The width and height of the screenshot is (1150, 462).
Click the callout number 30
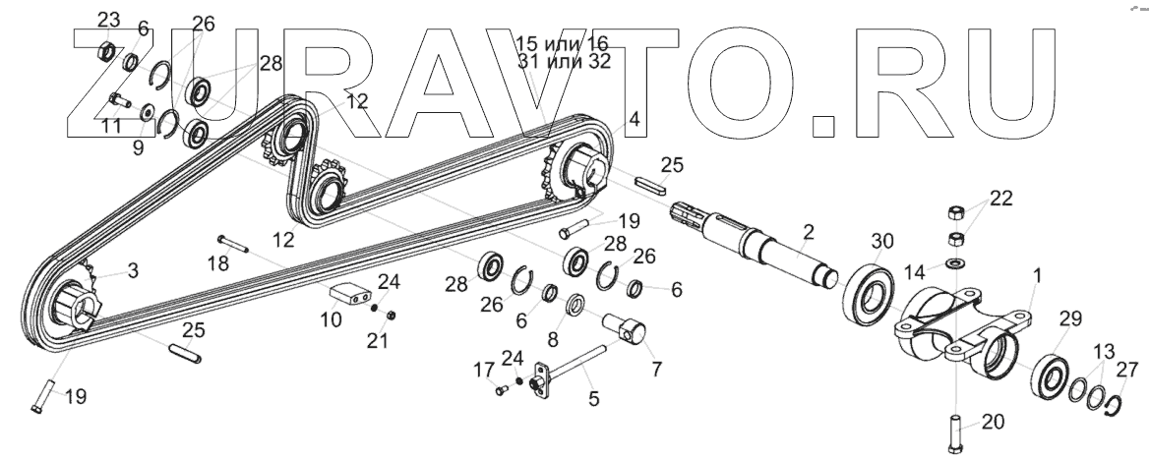coord(883,241)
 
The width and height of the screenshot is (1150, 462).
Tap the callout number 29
coord(1070,319)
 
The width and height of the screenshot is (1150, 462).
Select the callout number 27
coord(1128,370)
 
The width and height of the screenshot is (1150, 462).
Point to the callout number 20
coord(993,423)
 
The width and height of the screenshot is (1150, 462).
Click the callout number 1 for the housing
coord(1036,276)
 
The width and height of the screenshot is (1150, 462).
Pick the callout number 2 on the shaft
coord(809,232)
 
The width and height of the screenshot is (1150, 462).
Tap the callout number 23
coord(108,20)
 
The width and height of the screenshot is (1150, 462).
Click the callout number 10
coord(331,319)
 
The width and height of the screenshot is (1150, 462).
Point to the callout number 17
coord(483,371)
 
